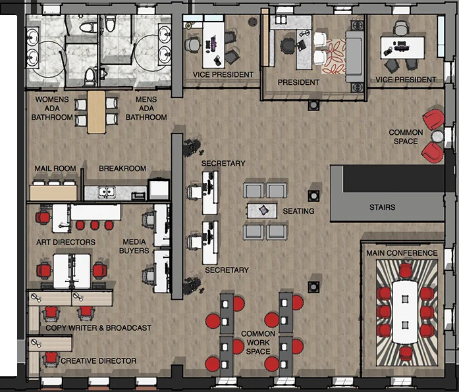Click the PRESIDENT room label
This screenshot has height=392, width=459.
pyautogui.click(x=298, y=82)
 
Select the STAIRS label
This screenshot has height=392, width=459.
pyautogui.click(x=382, y=207)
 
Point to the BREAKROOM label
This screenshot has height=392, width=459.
pyautogui.click(x=122, y=169)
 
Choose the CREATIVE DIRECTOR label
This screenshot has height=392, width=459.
pyautogui.click(x=99, y=360)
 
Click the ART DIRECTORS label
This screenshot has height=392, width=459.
pyautogui.click(x=65, y=242)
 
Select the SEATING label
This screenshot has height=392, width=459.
pyautogui.click(x=298, y=211)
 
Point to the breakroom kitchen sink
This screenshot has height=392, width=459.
pyautogui.click(x=105, y=193)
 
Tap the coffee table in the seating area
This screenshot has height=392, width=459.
pyautogui.click(x=263, y=210)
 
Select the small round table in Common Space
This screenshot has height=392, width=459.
pyautogui.click(x=436, y=136)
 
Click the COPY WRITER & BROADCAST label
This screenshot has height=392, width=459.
pyautogui.click(x=98, y=328)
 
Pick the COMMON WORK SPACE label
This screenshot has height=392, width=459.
pyautogui.click(x=257, y=343)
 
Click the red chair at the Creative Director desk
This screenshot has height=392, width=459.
pyautogui.click(x=49, y=358)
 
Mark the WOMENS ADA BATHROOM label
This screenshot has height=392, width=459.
pyautogui.click(x=52, y=108)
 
